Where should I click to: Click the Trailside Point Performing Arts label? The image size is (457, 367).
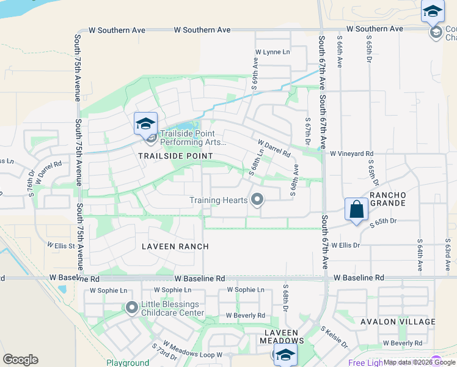tap(193, 138)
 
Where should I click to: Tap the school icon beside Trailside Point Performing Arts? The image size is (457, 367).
tap(146, 124)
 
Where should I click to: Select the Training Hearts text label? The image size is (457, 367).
tap(218, 200)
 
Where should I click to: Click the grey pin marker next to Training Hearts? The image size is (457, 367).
tap(257, 199)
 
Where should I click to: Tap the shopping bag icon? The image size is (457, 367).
tap(356, 210)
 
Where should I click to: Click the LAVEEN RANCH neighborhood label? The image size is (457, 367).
tap(175, 247)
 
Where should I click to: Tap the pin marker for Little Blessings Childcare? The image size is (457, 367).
tap(131, 308)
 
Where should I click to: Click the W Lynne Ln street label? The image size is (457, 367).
tap(272, 52)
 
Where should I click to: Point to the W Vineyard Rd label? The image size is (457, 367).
tap(352, 154)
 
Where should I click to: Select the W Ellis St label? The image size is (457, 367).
tap(60, 246)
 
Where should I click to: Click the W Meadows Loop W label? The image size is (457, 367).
tap(194, 355)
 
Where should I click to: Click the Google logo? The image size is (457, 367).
tap(20, 360)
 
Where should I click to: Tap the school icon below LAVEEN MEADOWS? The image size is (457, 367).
tap(285, 355)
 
